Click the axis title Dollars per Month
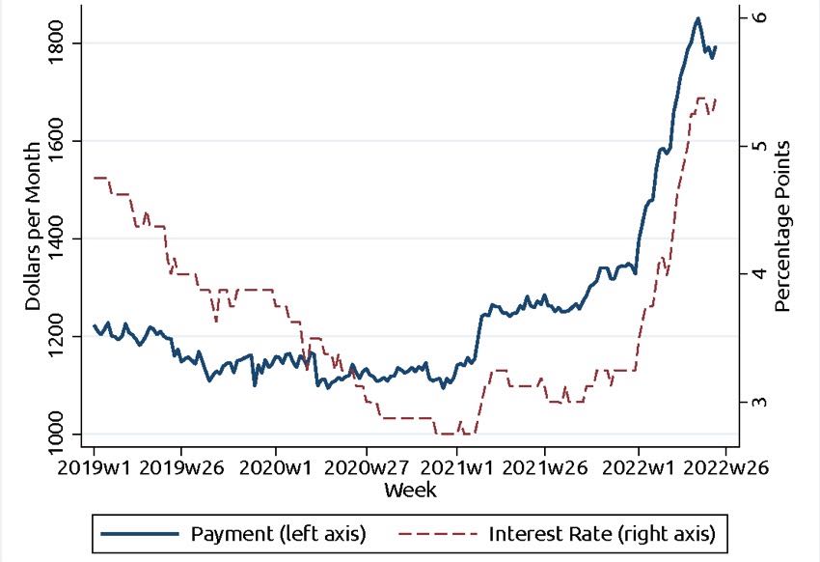pos(33,225)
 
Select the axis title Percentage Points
pos(783,225)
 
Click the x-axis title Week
pos(410,491)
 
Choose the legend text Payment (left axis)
pos(278,533)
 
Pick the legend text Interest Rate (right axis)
pos(602,533)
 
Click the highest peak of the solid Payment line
pos(697,17)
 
